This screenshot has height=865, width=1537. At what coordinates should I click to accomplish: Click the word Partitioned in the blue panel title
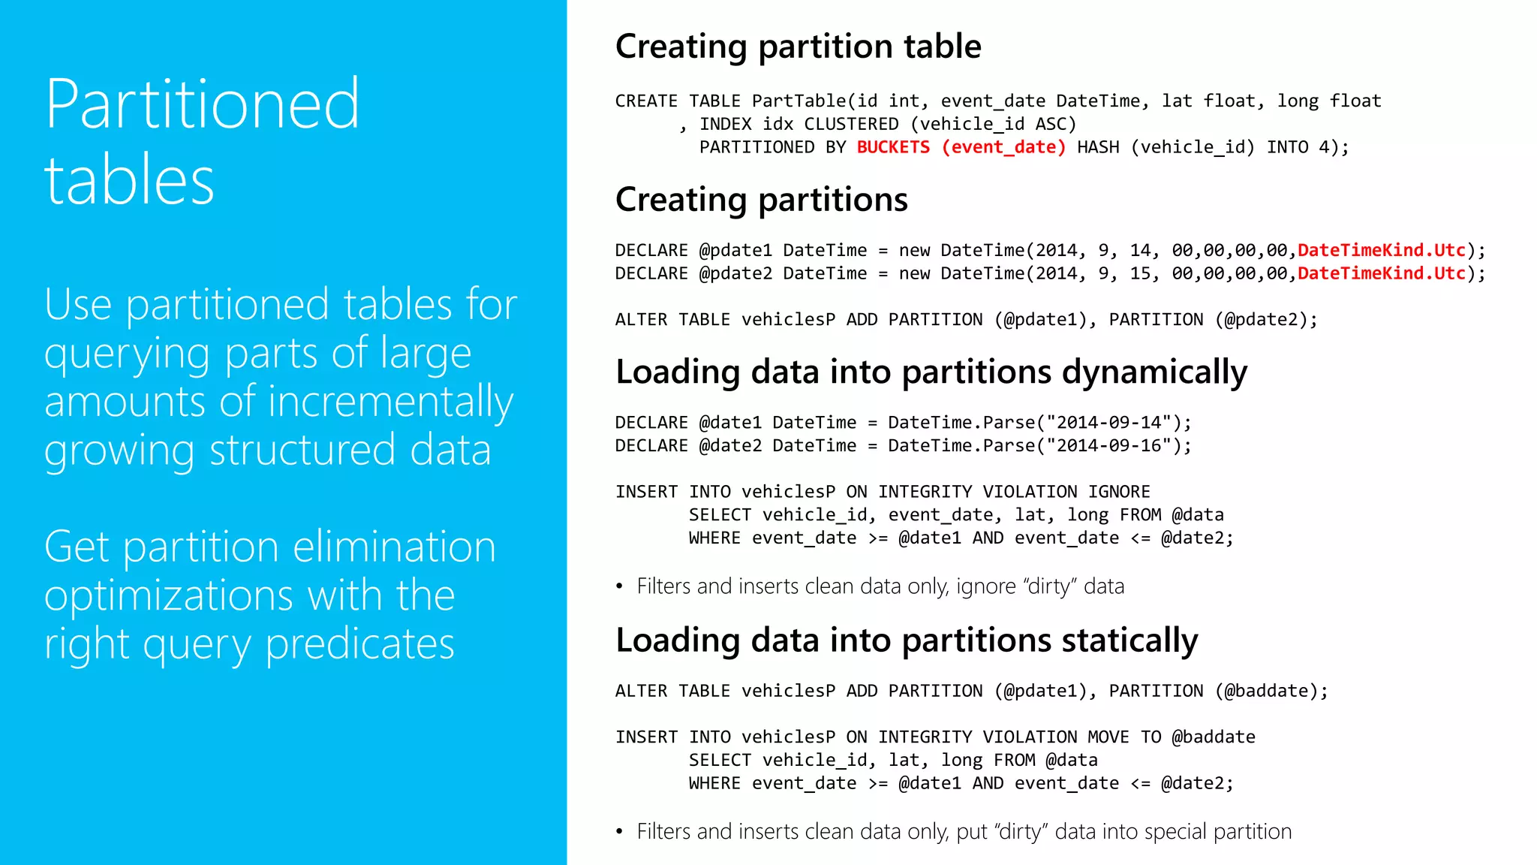pos(203,105)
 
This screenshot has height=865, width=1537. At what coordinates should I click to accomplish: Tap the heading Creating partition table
pos(798,47)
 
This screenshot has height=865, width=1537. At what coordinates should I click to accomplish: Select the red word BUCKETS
pos(893,147)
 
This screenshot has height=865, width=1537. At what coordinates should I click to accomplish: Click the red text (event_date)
pos(1003,147)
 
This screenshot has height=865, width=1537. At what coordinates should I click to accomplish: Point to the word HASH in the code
pos(1098,147)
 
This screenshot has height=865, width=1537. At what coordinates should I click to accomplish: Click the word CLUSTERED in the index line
pos(851,124)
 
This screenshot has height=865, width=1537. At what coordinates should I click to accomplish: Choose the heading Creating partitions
pos(761,200)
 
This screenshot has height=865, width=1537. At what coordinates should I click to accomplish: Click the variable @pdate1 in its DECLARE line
pos(735,251)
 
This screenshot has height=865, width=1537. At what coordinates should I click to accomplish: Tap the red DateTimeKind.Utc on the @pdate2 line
pos(1382,274)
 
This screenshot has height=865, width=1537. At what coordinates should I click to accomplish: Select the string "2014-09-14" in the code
pos(1108,423)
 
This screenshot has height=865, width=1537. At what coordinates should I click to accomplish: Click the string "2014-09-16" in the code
pos(1108,446)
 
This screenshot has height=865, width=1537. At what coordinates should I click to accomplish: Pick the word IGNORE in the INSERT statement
pos(1119,492)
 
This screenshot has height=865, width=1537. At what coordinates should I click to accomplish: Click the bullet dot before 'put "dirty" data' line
pos(619,832)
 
